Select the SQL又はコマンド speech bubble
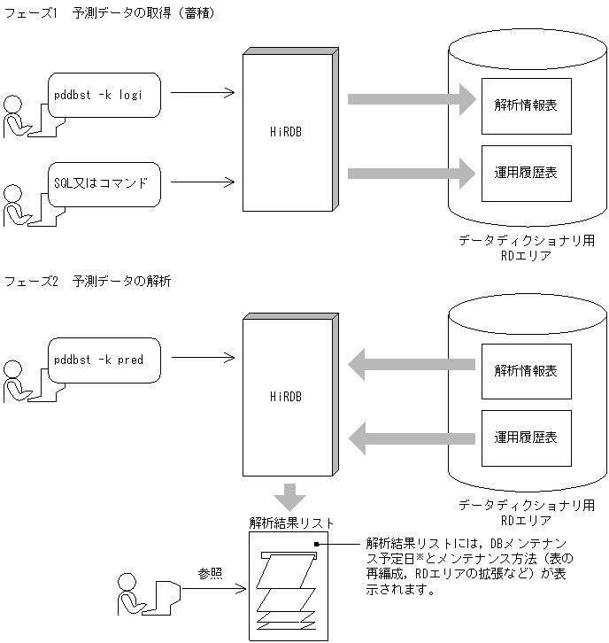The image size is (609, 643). (104, 183)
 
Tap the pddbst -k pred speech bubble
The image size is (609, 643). (104, 360)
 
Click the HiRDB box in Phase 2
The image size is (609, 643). (288, 398)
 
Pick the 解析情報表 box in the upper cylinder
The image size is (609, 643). (526, 105)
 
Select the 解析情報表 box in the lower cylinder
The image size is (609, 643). (526, 370)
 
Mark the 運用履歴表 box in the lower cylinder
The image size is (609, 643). (526, 438)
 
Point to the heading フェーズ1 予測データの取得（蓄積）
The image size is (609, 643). (109, 14)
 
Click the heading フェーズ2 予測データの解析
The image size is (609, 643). (88, 282)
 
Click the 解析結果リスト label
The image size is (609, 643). (291, 523)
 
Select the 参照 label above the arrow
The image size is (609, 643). (210, 573)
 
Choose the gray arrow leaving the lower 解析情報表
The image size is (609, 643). (412, 361)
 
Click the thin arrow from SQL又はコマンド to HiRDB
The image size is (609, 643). (202, 183)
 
